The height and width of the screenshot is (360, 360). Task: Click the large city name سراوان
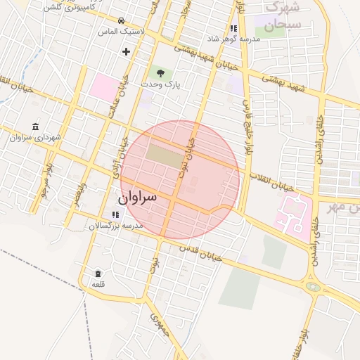click(148, 198)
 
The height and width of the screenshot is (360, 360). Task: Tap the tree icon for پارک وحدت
click(160, 72)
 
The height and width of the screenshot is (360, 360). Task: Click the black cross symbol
click(127, 51)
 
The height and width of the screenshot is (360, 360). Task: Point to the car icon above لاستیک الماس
click(122, 20)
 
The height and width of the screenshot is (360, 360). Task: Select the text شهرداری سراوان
click(36, 136)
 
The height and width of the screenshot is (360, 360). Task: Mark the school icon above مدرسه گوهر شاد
click(233, 28)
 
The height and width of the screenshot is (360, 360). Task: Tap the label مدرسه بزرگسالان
click(115, 226)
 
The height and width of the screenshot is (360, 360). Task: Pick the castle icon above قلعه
click(98, 273)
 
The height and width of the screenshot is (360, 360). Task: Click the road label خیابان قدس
click(200, 252)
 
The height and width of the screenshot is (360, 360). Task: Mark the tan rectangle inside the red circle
click(165, 156)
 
